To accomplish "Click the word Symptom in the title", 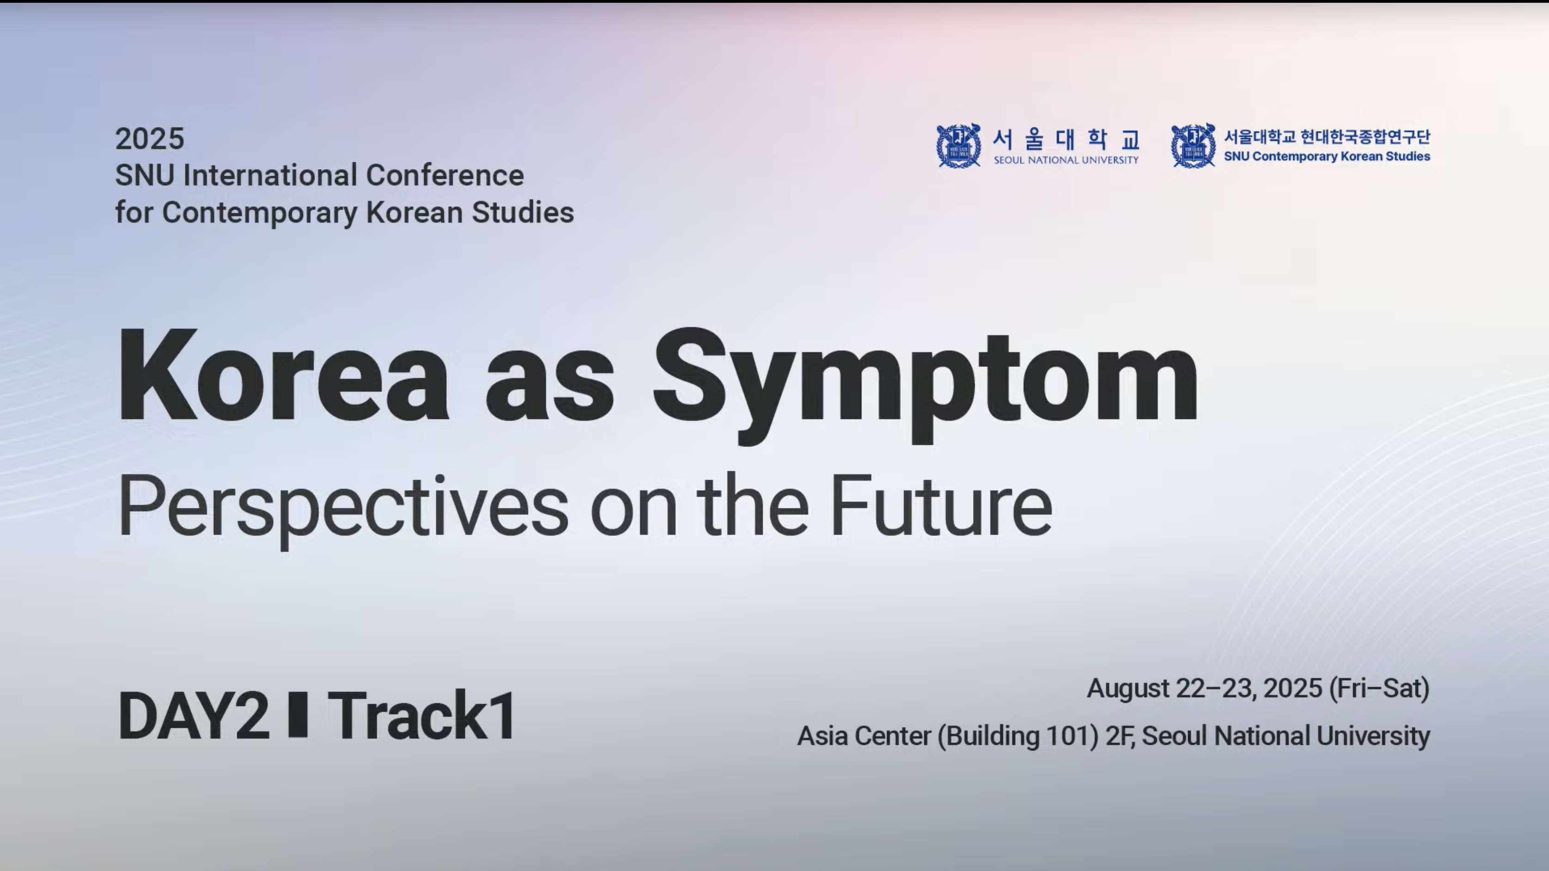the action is point(926,385).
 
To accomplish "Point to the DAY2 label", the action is point(194,715).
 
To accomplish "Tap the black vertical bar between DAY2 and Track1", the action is point(298,715).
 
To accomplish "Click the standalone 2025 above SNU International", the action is point(150,139).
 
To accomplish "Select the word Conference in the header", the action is point(445,176).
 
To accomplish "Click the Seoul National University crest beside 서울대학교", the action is point(959,146).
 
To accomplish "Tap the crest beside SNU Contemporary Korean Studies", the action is point(1193,146).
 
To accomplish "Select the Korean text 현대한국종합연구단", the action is point(1365,137).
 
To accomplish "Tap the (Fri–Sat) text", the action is point(1379,689).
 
